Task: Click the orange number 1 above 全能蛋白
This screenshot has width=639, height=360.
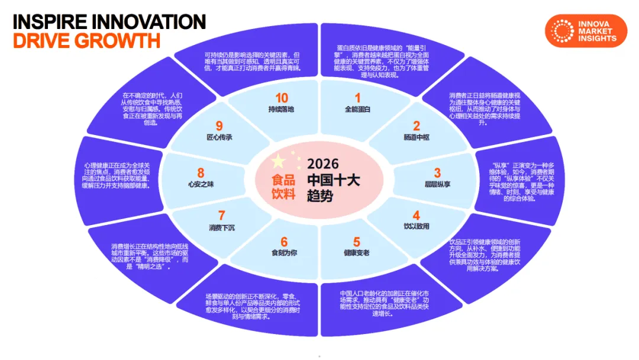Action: tap(357, 98)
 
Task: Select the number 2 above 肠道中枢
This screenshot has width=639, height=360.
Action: tap(416, 126)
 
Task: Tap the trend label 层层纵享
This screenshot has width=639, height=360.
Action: tap(437, 184)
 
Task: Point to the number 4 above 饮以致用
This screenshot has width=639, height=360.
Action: tap(417, 216)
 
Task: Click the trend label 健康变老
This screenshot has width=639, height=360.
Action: tap(356, 253)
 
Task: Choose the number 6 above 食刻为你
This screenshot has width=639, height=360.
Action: tap(284, 242)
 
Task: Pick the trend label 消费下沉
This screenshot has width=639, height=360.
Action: tap(222, 227)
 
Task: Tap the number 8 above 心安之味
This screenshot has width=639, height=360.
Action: tap(201, 173)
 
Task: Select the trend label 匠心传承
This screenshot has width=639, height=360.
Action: tap(219, 137)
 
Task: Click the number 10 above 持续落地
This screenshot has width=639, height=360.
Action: tap(282, 98)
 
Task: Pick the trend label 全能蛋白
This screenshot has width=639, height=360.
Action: tap(357, 110)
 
